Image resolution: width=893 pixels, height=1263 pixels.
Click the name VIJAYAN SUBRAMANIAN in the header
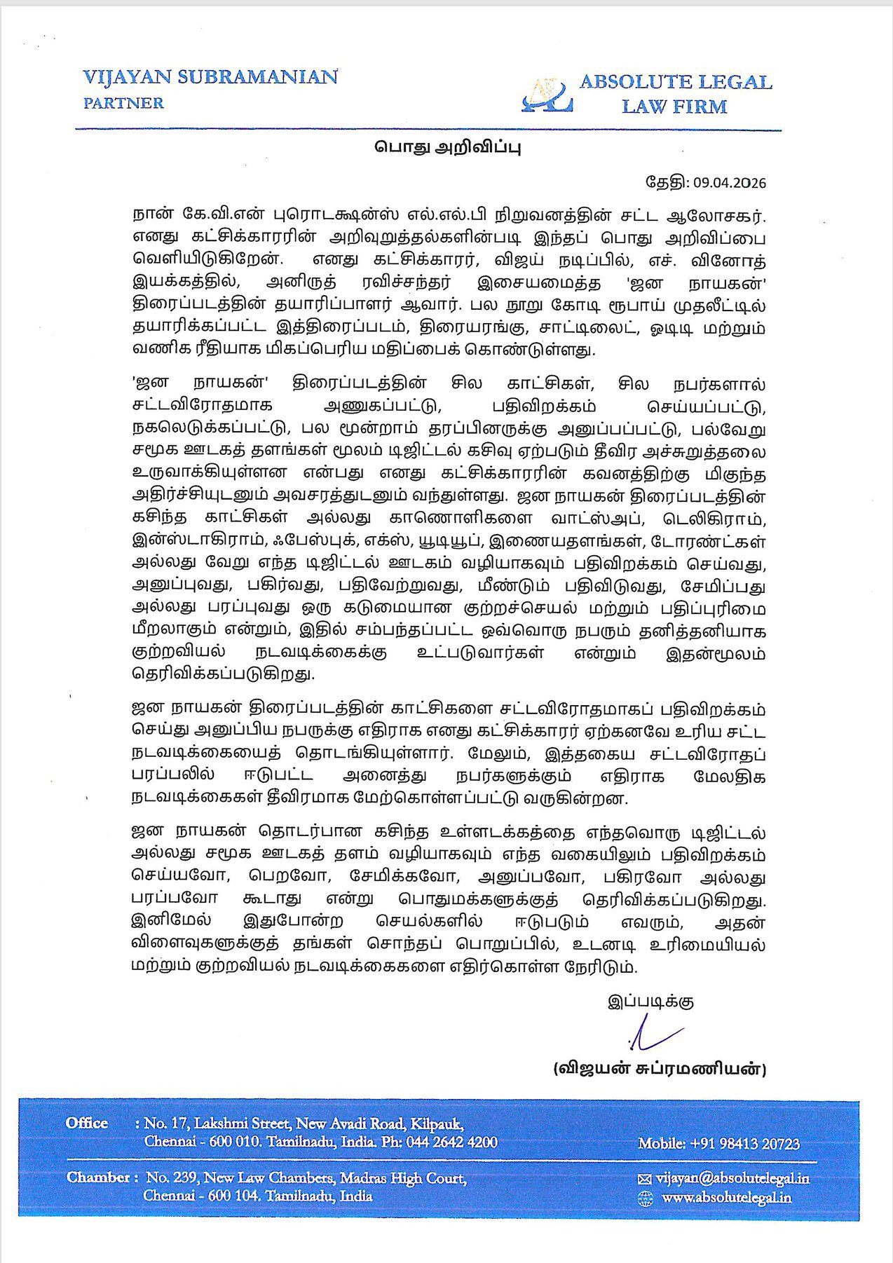(x=210, y=77)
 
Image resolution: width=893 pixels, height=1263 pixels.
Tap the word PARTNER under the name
(x=123, y=103)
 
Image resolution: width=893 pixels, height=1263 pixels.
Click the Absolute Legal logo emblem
(x=547, y=95)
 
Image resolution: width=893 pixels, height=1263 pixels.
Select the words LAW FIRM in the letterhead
(x=674, y=107)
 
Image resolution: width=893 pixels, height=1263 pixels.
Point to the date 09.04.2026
(x=730, y=183)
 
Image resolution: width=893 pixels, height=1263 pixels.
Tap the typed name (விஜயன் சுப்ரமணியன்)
(x=660, y=1069)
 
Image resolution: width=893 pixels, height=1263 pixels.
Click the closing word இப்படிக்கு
(x=650, y=1002)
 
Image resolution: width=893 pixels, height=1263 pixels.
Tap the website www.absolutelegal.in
(x=726, y=1198)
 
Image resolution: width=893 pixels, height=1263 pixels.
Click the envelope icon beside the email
(x=646, y=1180)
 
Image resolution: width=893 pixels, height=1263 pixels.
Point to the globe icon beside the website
(x=646, y=1199)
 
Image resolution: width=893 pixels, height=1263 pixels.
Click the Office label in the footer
(x=87, y=1123)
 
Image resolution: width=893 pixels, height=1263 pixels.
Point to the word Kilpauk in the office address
(x=437, y=1124)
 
